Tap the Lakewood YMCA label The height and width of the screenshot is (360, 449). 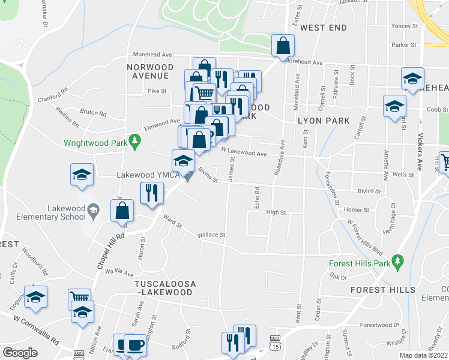148,175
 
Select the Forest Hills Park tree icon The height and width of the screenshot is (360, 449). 397,261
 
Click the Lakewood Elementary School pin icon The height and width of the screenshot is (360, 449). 92,210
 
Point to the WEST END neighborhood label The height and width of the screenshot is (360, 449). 324,28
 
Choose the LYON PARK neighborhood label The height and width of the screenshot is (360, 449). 324,121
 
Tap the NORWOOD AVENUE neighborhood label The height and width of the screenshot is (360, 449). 150,71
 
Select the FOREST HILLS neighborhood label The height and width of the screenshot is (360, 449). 383,290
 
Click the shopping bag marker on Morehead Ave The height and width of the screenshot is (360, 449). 283,46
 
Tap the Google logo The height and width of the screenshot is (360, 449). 20,353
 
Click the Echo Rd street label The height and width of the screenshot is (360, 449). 256,198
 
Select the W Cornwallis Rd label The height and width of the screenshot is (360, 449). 35,336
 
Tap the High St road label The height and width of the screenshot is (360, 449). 276,212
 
